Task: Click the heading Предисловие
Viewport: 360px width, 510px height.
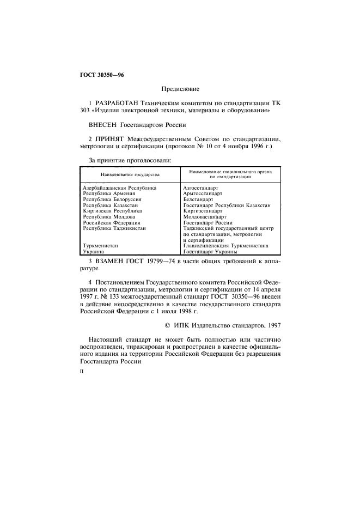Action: [x=180, y=88]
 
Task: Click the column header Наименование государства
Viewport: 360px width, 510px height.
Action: [x=130, y=174]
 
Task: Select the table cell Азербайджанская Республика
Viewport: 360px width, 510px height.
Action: [x=119, y=187]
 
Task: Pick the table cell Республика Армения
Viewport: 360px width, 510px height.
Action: [x=109, y=193]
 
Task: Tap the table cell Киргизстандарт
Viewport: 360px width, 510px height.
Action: [x=203, y=211]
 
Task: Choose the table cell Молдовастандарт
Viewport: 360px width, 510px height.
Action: [x=205, y=217]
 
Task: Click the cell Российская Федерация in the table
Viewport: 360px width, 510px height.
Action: [x=112, y=223]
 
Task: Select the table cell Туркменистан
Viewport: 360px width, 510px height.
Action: [x=100, y=246]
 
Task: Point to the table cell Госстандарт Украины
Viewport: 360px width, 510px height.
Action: [x=210, y=252]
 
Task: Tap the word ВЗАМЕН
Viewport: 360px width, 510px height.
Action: [x=111, y=262]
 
